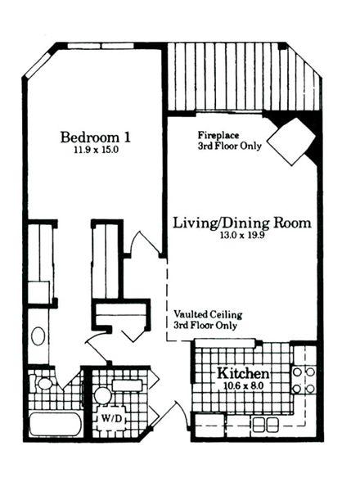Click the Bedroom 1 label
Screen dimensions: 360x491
96,137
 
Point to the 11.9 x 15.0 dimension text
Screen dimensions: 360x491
96,150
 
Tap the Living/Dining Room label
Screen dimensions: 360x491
242,223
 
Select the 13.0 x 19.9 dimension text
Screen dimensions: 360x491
242,235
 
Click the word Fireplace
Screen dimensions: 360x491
218,136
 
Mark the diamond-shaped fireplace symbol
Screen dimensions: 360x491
292,141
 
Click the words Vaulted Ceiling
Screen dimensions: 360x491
208,314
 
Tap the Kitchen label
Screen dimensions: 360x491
243,373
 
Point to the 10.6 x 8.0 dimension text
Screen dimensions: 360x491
243,385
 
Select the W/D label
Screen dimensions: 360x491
110,418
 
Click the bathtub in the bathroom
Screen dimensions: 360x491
56,425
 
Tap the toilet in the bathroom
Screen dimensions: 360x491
44,383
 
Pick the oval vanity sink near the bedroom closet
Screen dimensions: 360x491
38,336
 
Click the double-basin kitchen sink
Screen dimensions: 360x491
265,424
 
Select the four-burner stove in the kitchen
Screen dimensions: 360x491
304,381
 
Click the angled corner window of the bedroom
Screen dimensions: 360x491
38,65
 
